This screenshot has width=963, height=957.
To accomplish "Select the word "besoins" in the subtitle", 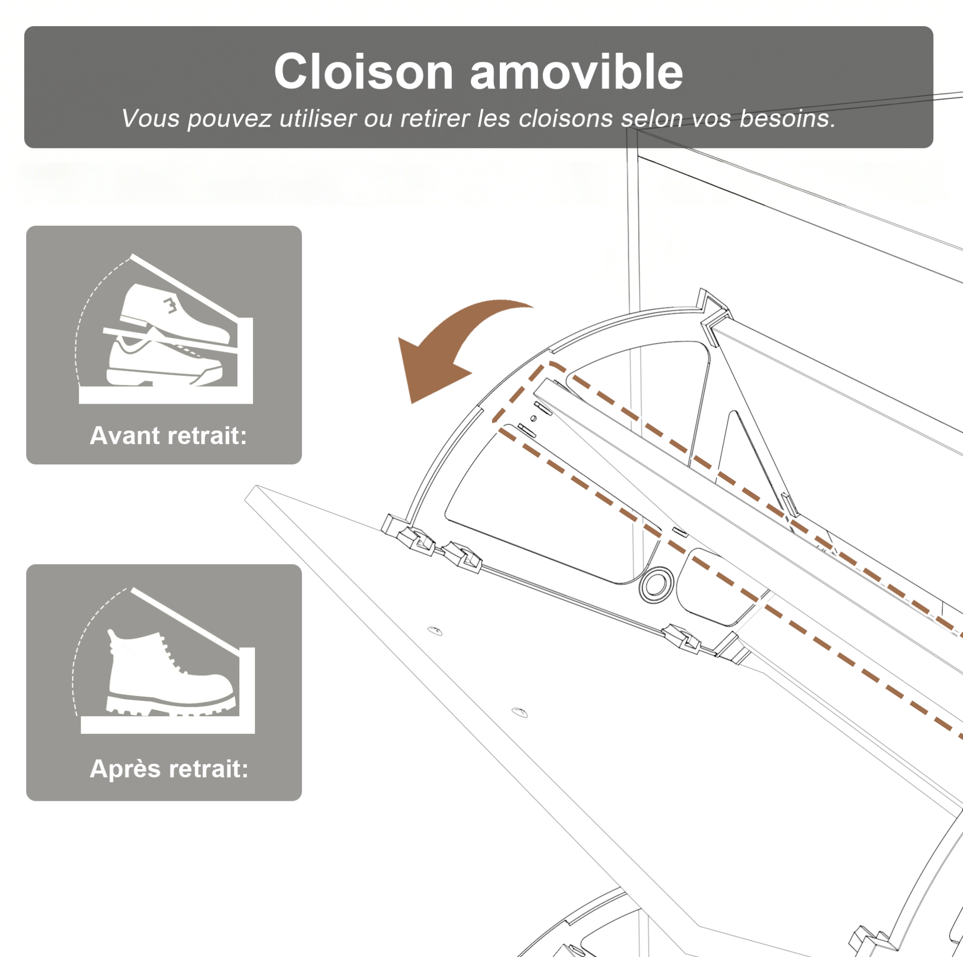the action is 787,118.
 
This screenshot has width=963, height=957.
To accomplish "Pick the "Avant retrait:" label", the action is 169,435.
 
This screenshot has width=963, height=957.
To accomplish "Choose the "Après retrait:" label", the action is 169,768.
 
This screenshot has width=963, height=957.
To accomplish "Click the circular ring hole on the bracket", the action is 657,584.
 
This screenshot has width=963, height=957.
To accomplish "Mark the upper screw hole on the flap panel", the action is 435,631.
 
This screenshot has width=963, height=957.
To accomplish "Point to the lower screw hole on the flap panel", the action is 520,712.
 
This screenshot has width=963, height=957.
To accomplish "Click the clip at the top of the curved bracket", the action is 714,310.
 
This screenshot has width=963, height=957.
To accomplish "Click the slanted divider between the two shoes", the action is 170,341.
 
